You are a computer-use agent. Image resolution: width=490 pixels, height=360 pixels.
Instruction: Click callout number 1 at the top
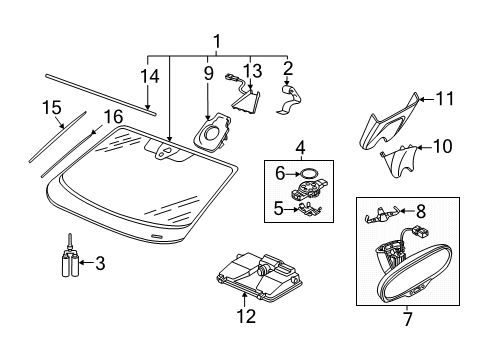click(217, 42)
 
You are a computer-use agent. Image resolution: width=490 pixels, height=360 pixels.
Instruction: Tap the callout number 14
click(150, 76)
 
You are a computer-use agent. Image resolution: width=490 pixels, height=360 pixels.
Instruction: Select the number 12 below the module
click(246, 316)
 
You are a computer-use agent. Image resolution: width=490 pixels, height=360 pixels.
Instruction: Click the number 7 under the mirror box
click(408, 319)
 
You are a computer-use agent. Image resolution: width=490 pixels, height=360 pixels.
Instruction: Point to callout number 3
click(100, 263)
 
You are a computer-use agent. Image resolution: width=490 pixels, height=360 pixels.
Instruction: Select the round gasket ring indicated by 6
click(308, 174)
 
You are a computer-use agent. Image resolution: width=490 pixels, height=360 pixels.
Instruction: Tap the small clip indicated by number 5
click(310, 209)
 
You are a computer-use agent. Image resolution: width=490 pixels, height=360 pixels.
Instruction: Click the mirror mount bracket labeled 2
click(289, 99)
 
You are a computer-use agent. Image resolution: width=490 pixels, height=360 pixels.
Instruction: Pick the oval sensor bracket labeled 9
click(212, 132)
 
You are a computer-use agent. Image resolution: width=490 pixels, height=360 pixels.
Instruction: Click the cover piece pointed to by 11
click(389, 122)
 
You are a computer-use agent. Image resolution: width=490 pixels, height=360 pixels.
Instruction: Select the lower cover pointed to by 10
click(399, 160)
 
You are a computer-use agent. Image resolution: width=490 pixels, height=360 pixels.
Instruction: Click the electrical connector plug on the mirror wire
click(420, 232)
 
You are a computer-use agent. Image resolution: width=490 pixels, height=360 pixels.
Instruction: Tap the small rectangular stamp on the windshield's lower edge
click(157, 236)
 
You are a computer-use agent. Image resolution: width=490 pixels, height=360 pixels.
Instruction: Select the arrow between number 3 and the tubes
click(87, 263)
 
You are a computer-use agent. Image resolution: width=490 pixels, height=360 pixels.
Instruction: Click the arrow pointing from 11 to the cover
click(427, 99)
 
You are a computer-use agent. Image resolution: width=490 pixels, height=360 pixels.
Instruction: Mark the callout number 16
click(113, 117)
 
